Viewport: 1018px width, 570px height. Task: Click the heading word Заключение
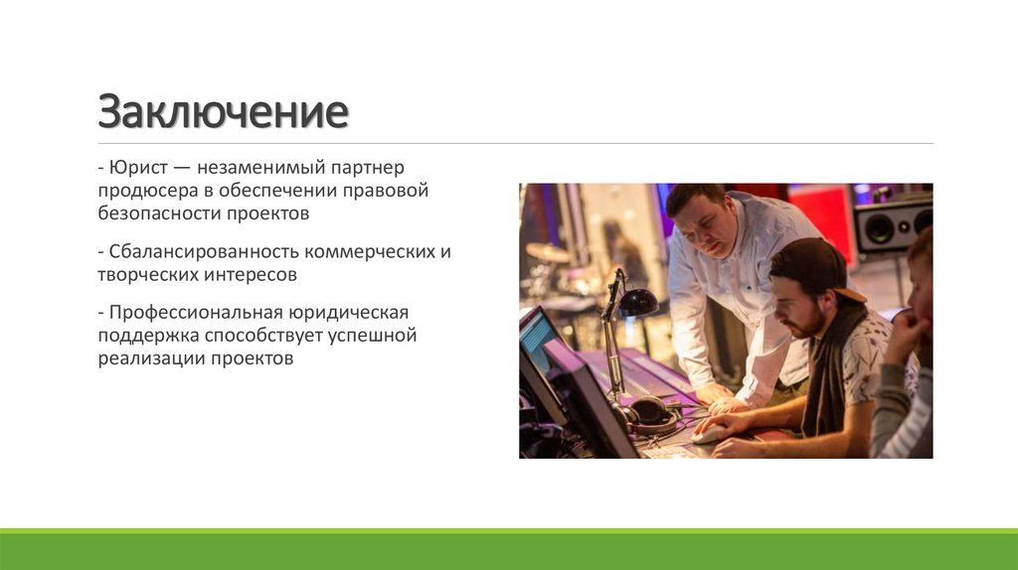pos(223,112)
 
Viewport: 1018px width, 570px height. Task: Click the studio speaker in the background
pos(891,226)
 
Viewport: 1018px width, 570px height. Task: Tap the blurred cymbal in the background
pos(548,252)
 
